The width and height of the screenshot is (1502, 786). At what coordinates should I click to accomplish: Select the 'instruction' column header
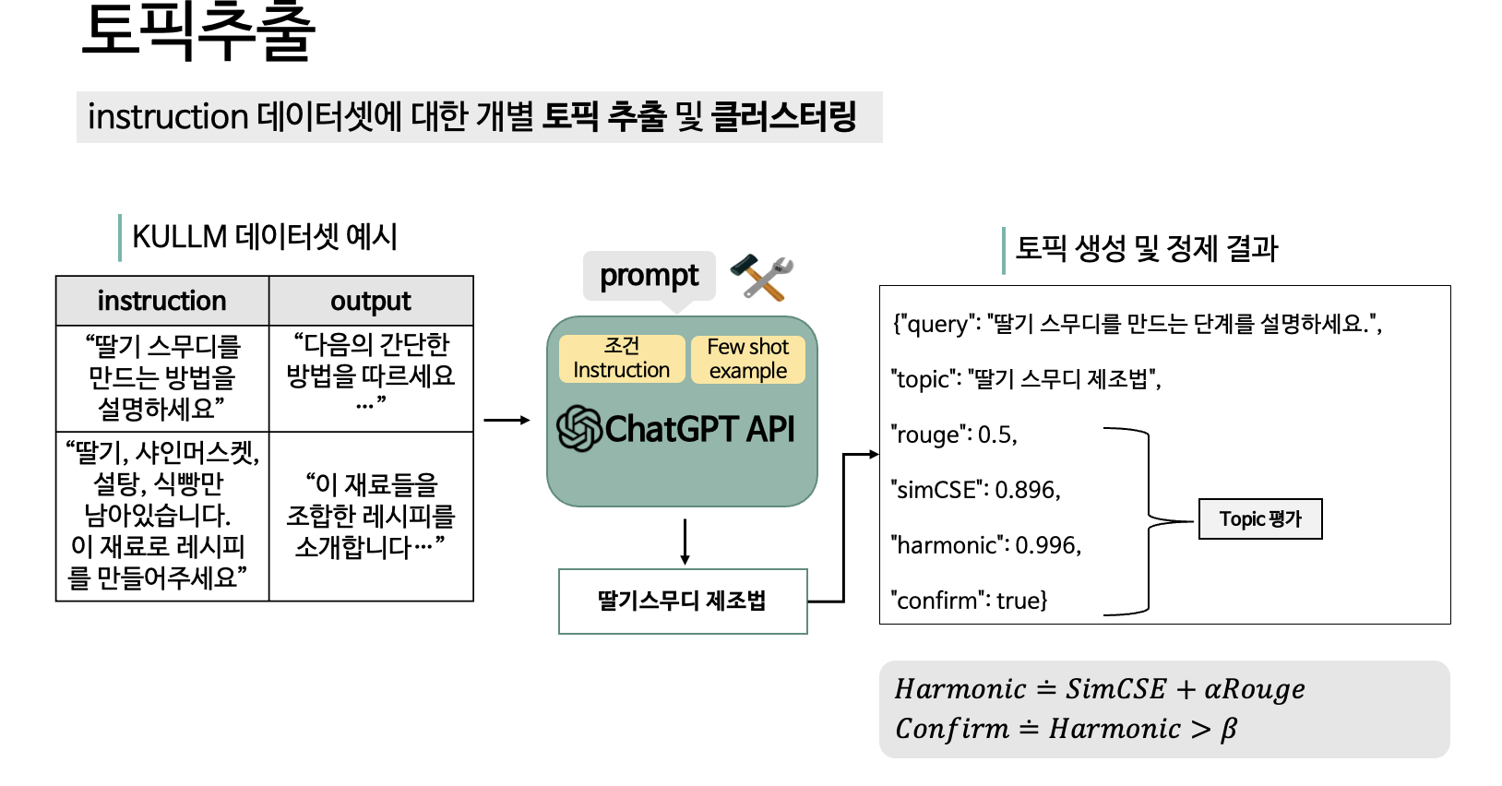[x=162, y=301]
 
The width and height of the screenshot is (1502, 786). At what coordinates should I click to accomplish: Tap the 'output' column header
[x=371, y=301]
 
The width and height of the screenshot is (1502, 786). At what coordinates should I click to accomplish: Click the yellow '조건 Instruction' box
[x=622, y=359]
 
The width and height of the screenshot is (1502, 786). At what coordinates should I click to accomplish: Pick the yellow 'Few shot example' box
[x=747, y=359]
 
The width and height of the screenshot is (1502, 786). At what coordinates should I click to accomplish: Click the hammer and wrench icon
[x=762, y=277]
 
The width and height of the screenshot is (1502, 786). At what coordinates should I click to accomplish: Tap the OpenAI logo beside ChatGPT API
[x=578, y=429]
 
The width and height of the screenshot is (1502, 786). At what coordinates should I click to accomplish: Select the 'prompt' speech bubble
[x=650, y=277]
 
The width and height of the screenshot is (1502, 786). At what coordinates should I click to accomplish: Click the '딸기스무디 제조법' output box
[x=683, y=601]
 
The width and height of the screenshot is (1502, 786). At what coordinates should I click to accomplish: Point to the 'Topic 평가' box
[x=1260, y=518]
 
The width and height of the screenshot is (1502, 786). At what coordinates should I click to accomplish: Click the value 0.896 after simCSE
[x=1027, y=490]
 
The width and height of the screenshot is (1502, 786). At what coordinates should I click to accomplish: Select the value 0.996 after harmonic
[x=1048, y=545]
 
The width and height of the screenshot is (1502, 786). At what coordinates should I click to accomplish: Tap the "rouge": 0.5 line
[x=953, y=435]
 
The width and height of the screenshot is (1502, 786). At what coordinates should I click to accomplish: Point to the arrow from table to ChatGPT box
[x=507, y=421]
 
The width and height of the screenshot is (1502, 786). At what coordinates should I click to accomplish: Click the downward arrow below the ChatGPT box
[x=685, y=542]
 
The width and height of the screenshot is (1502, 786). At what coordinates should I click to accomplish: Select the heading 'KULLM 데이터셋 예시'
[x=265, y=237]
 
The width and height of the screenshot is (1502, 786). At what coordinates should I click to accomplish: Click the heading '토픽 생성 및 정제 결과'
[x=1147, y=249]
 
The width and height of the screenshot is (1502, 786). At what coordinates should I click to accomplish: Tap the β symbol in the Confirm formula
[x=1228, y=730]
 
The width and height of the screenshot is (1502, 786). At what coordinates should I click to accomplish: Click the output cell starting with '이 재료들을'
[x=371, y=516]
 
